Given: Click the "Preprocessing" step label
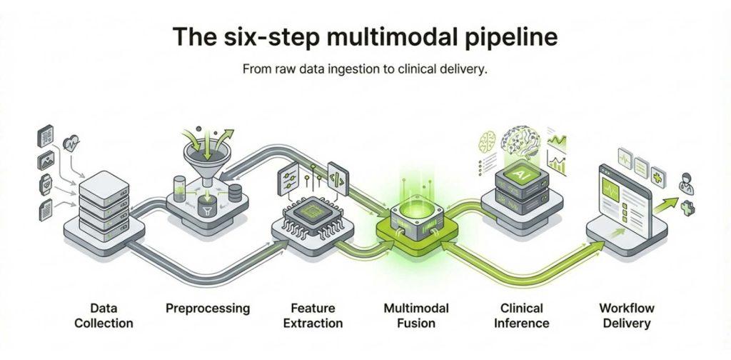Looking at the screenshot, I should coord(208,309).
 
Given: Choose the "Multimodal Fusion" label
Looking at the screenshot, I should coord(416,316).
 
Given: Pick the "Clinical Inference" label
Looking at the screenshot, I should coord(522,316).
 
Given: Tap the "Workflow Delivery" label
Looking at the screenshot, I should coord(625,316).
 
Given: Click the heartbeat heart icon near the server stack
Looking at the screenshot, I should coord(71,142).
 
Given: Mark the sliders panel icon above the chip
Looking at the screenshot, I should coord(291,176).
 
